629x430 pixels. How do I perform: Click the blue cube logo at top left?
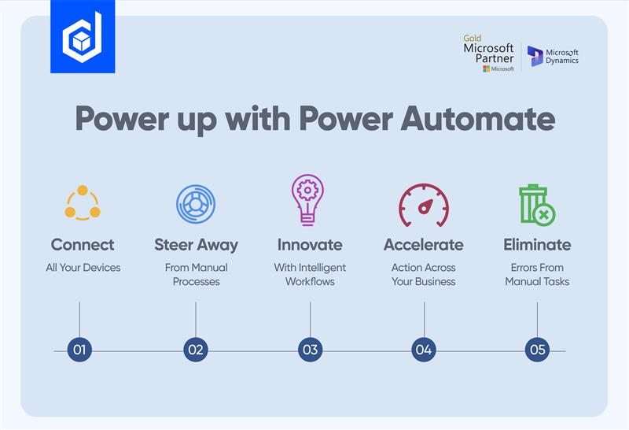click(x=83, y=37)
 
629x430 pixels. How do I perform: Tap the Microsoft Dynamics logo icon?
click(x=535, y=56)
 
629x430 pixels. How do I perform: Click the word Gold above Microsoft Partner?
click(x=472, y=38)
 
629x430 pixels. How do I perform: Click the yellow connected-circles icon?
click(x=83, y=203)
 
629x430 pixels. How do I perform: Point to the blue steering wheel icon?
click(x=196, y=204)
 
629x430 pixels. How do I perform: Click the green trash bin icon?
click(x=536, y=204)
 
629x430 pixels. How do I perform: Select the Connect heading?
click(x=83, y=244)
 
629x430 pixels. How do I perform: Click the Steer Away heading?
click(x=196, y=244)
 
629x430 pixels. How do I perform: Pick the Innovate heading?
click(x=310, y=244)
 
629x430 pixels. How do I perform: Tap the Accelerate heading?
click(x=423, y=244)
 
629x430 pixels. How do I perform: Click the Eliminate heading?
click(x=537, y=244)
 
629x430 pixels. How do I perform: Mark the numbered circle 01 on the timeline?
click(x=79, y=350)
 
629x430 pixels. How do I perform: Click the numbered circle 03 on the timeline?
click(x=310, y=350)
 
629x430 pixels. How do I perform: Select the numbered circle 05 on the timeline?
click(x=537, y=350)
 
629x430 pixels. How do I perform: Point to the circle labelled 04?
click(x=424, y=350)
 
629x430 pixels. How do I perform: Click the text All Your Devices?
click(x=83, y=268)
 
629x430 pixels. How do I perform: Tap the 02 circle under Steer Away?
click(x=196, y=350)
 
